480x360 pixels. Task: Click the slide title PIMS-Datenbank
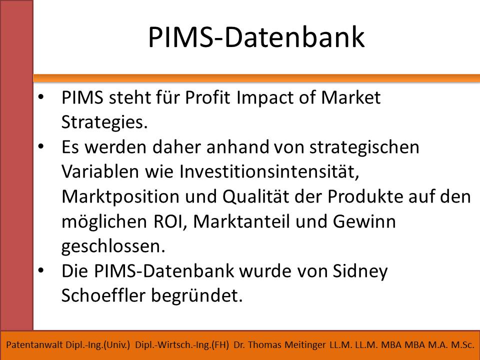[256, 37]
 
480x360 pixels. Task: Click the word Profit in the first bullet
[207, 97]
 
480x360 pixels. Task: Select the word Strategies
[104, 123]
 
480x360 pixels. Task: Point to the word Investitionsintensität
[269, 171]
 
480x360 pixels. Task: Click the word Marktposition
[120, 197]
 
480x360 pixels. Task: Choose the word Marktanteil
[241, 221]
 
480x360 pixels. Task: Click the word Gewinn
[364, 221]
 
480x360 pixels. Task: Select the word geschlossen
[113, 246]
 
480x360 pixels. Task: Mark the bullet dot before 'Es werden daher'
[41, 146]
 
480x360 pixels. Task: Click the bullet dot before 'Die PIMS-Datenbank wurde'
[41, 270]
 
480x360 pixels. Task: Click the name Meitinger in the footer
[305, 345]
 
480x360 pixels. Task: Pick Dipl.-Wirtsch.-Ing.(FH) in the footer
[182, 345]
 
